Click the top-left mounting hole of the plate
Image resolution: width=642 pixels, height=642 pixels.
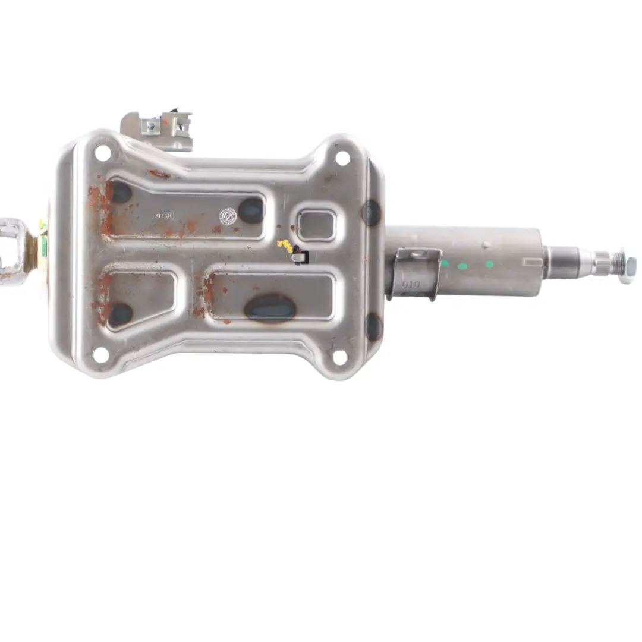point(102,153)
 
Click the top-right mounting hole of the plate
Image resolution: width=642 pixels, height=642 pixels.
point(342,158)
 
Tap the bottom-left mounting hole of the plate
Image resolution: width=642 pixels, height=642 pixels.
point(101,355)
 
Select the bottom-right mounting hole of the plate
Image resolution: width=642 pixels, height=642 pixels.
point(339,357)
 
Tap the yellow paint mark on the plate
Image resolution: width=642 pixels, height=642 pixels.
point(285,246)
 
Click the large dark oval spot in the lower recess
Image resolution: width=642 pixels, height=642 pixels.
point(270,308)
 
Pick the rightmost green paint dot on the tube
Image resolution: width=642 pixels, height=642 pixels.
point(489,264)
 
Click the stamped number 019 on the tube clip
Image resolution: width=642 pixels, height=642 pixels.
point(411,285)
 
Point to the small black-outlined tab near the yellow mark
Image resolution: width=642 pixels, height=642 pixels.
point(301,258)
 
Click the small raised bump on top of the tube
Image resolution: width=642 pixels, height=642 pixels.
point(486,244)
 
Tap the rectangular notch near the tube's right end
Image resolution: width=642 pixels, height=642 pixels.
point(532,261)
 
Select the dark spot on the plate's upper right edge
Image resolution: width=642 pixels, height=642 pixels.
point(372,212)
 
